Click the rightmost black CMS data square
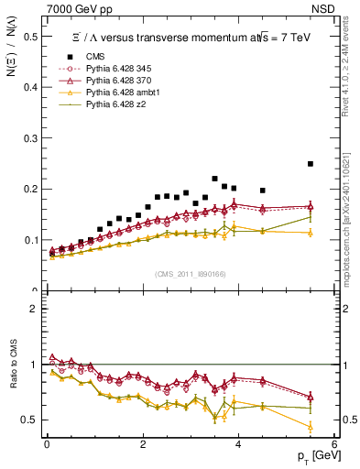[311, 164]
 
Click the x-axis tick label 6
[333, 444]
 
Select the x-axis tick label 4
[238, 444]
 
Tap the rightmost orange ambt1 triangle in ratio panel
[311, 427]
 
